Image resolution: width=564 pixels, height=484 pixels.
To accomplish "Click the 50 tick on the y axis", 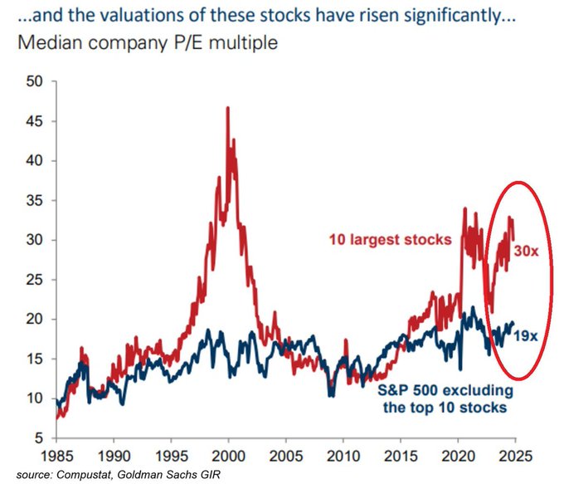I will (35, 81).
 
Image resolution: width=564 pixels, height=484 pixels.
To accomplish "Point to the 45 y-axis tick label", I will (35, 121).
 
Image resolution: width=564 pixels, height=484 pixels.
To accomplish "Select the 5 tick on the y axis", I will (40, 438).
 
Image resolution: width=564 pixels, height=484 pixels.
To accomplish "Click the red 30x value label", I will (528, 250).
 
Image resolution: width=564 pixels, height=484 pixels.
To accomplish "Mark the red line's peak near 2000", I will (227, 108).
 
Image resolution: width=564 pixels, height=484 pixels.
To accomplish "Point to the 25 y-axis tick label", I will (35, 280).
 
